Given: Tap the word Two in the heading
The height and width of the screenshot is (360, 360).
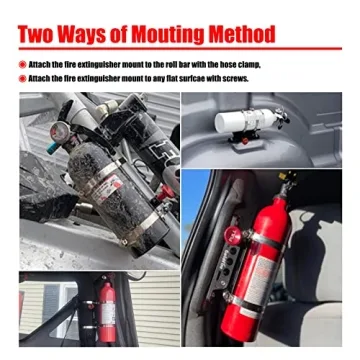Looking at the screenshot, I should (x=42, y=35).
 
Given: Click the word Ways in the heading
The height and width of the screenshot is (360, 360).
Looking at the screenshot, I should (x=90, y=35).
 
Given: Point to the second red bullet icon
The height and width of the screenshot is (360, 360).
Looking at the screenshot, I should (x=22, y=78).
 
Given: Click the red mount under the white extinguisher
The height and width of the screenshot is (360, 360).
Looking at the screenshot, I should (x=245, y=140).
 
